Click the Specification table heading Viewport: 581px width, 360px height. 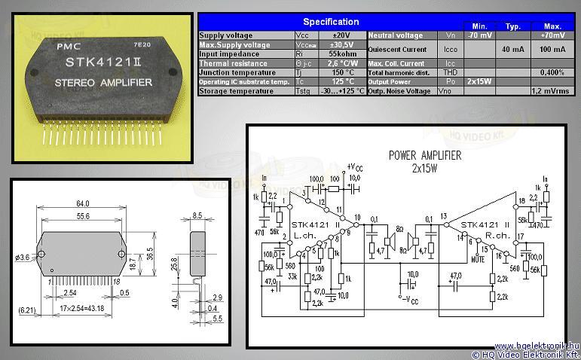(330, 22)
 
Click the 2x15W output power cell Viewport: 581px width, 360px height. (479, 81)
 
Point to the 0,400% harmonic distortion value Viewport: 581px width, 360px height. (552, 72)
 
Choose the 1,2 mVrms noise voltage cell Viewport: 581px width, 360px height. (549, 90)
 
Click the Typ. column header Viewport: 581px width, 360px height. (512, 26)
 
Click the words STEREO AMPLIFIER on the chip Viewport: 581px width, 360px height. (103, 82)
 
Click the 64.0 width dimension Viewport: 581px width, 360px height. (82, 203)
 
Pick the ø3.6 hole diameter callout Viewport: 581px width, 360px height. (23, 257)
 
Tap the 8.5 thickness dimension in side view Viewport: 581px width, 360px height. (198, 215)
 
